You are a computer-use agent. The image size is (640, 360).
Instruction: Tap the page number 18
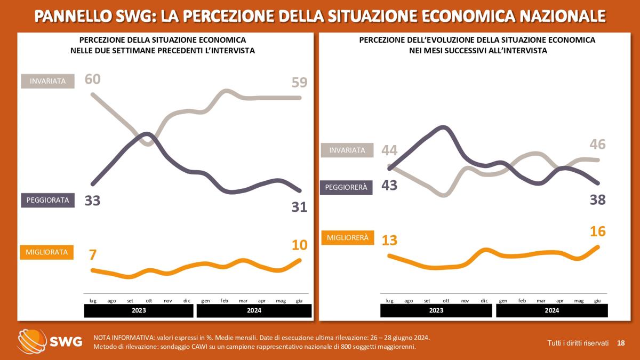pyautogui.click(x=621, y=342)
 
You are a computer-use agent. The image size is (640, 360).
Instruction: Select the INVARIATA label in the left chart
pyautogui.click(x=47, y=81)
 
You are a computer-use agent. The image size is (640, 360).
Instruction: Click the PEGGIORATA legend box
pyautogui.click(x=47, y=200)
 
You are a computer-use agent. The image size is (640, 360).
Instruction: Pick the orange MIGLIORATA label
pyautogui.click(x=47, y=252)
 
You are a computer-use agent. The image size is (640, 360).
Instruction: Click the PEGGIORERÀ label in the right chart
pyautogui.click(x=346, y=187)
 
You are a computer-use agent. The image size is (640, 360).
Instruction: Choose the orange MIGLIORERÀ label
pyautogui.click(x=347, y=237)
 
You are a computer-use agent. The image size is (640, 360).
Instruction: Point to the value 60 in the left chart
pyautogui.click(x=93, y=79)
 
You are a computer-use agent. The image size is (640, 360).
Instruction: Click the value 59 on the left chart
pyautogui.click(x=299, y=83)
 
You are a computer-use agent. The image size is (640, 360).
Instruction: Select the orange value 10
pyautogui.click(x=299, y=245)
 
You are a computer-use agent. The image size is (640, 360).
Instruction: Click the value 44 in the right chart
pyautogui.click(x=389, y=150)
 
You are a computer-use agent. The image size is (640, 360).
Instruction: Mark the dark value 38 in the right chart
pyautogui.click(x=597, y=200)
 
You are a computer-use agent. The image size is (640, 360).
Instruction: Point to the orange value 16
pyautogui.click(x=597, y=231)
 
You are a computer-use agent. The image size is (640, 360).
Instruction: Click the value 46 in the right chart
pyautogui.click(x=597, y=145)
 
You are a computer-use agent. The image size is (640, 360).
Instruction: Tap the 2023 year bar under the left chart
pyautogui.click(x=139, y=310)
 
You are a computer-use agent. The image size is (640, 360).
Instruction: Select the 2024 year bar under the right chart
pyautogui.click(x=551, y=310)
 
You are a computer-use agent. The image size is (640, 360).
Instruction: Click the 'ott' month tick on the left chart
pyautogui.click(x=149, y=301)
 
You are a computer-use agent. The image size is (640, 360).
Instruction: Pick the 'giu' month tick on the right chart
pyautogui.click(x=597, y=301)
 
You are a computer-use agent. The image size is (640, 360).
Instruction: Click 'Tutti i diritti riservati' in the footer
pyautogui.click(x=578, y=342)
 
